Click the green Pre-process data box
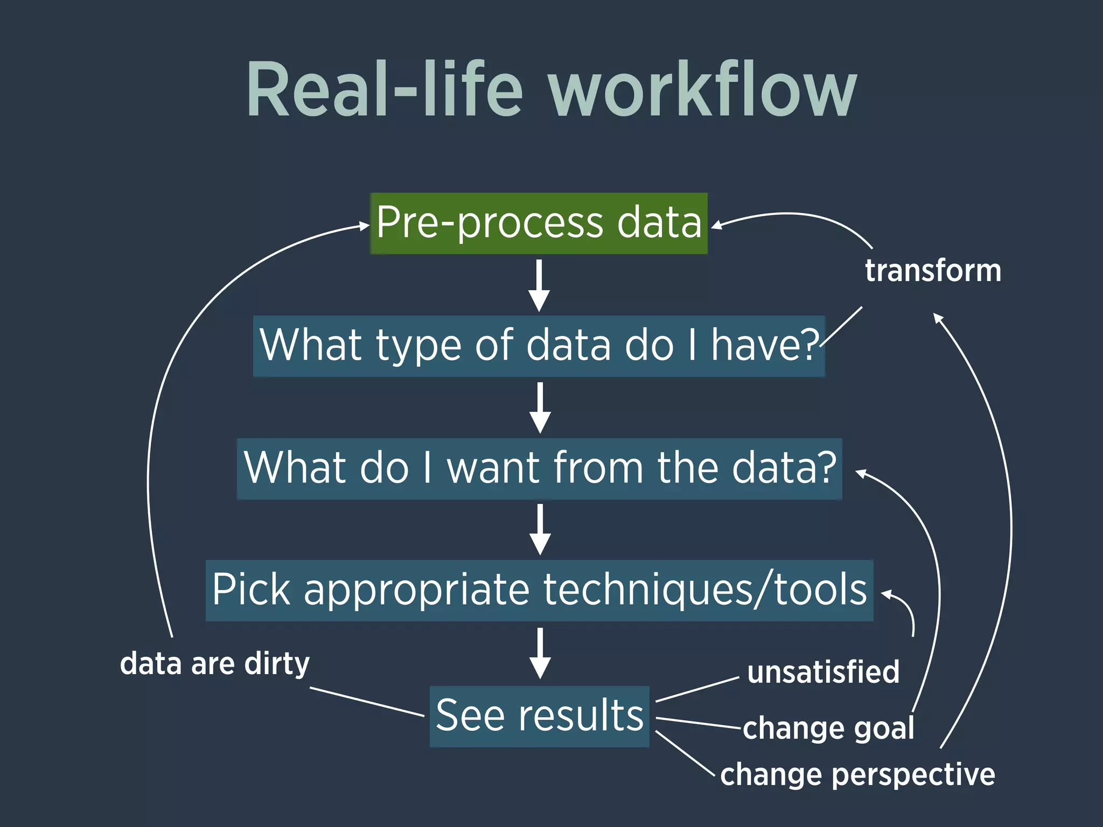[539, 223]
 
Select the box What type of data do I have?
[539, 346]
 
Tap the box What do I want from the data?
[539, 468]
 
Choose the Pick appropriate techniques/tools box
[539, 590]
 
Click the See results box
[539, 716]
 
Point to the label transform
[933, 270]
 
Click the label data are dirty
[214, 663]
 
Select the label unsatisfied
[823, 672]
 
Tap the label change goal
[828, 728]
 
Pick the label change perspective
[857, 775]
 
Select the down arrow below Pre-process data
[539, 285]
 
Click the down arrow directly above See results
[540, 653]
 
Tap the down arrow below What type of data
[540, 408]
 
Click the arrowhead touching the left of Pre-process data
[365, 226]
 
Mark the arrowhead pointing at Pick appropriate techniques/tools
[886, 594]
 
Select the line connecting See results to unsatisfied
[697, 690]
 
